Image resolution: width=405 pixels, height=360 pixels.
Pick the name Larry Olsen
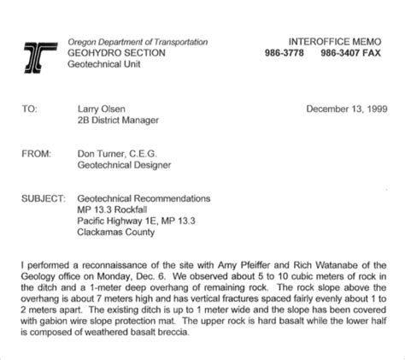[x=102, y=109]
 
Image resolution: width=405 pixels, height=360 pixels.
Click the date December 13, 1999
[x=346, y=109]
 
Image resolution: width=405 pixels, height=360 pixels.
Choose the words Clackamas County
[x=116, y=232]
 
